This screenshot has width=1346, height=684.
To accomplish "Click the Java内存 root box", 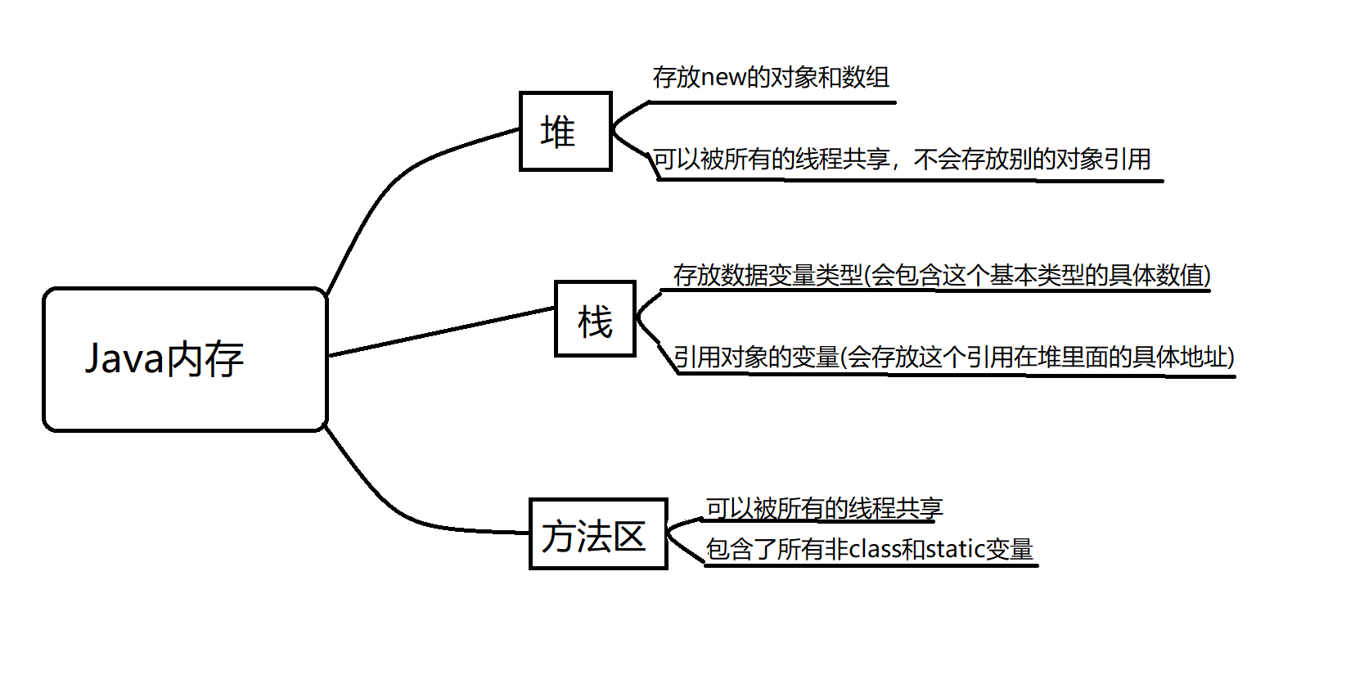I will (185, 359).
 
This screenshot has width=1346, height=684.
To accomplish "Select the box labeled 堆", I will (565, 132).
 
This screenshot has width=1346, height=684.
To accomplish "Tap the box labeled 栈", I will (595, 319).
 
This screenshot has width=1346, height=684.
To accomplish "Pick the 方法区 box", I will (598, 534).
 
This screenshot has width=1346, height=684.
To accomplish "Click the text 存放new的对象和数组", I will (771, 78).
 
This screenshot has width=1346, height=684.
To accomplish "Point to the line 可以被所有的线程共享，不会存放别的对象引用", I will (902, 159).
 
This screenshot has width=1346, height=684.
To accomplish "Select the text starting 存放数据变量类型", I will (941, 275).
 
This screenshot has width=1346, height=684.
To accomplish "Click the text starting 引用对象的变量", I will (953, 357).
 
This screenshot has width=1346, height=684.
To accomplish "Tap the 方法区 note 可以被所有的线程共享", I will (824, 508).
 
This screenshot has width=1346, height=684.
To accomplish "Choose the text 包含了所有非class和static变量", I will (869, 549).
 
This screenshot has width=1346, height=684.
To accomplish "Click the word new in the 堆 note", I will (723, 78).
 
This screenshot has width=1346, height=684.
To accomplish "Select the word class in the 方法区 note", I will (873, 549).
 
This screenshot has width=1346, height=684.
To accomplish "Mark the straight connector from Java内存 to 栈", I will (442, 331).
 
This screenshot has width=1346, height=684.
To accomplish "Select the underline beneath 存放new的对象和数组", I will (772, 102).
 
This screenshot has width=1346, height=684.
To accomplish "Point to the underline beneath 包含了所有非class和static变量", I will (871, 565).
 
